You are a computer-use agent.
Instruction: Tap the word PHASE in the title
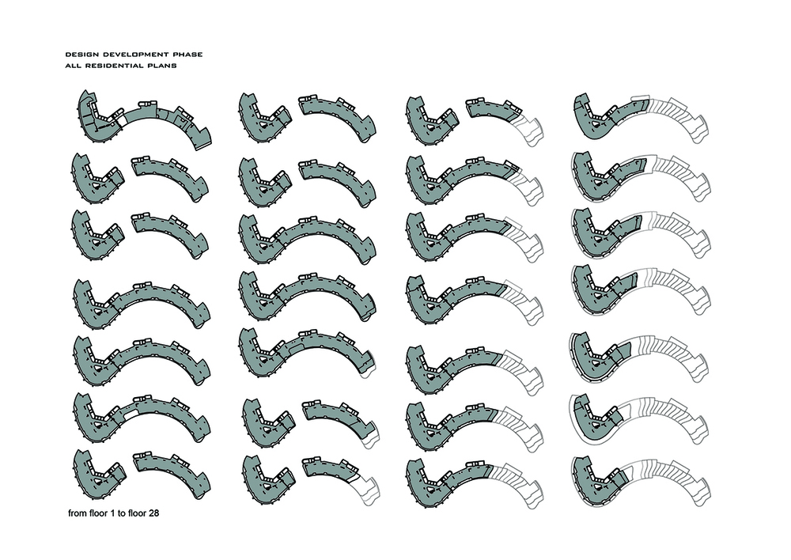click(x=188, y=55)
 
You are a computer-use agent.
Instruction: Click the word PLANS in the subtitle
click(x=164, y=66)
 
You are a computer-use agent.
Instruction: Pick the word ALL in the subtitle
click(x=73, y=66)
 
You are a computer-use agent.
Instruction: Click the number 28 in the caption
click(x=154, y=513)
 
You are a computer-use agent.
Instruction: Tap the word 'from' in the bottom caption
click(x=76, y=513)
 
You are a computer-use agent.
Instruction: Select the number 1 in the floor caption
click(x=112, y=513)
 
